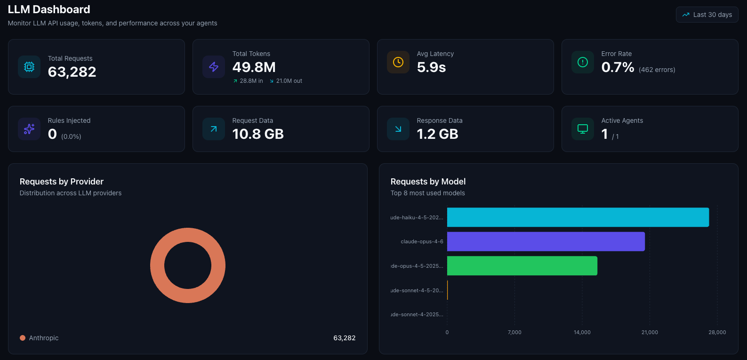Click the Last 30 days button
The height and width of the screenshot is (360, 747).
(x=707, y=15)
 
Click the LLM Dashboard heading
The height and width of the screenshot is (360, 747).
(x=49, y=9)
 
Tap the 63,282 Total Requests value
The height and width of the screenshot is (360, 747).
(x=72, y=72)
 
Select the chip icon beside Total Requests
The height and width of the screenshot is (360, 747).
(x=29, y=67)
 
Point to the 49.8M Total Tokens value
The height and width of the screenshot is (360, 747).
(x=254, y=67)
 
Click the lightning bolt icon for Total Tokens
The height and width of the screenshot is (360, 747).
(x=214, y=67)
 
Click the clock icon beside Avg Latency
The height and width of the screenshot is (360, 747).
(x=398, y=62)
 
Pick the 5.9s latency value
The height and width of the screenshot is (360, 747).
(x=431, y=67)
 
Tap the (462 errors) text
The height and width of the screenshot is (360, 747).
(x=657, y=70)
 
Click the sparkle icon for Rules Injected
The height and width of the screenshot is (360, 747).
(x=29, y=129)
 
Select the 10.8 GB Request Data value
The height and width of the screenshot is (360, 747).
(x=258, y=134)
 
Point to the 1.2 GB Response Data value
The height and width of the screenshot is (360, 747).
(x=437, y=134)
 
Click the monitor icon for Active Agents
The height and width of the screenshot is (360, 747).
(x=583, y=129)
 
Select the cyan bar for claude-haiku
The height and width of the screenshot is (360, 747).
(x=578, y=217)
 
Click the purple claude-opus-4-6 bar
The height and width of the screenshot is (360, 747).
(x=546, y=241)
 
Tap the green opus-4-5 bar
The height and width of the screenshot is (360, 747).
(x=522, y=266)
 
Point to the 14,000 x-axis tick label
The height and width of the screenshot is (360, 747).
(x=582, y=332)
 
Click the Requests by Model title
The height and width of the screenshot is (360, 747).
(x=428, y=182)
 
